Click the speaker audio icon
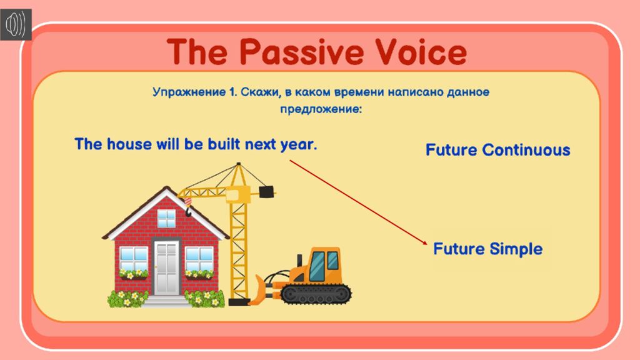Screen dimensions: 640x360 pos(16,24)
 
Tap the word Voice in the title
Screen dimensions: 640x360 pos(421,52)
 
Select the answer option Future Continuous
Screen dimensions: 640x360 pos(497,150)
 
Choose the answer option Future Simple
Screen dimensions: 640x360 pos(487,249)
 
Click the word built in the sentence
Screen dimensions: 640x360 pos(224,144)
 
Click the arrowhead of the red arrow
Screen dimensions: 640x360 pos(425,242)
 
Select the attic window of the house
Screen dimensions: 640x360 pos(166,219)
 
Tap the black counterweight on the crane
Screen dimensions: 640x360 pos(266,191)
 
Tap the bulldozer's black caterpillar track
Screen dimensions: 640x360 pos(316,294)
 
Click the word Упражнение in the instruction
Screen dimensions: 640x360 pos(189,92)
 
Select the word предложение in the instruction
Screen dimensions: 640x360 pos(321,109)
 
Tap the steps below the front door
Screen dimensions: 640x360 pos(165,301)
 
